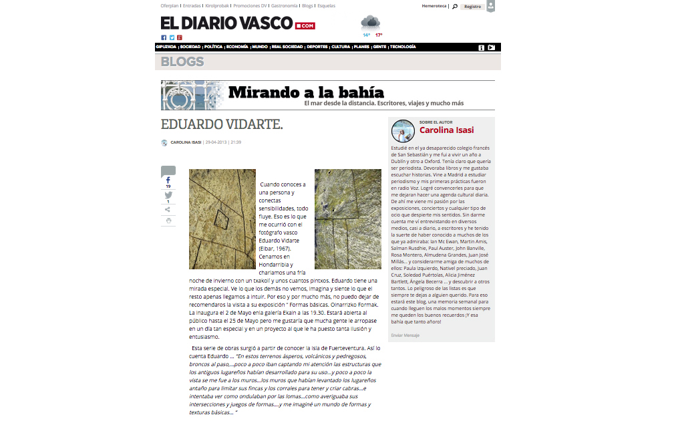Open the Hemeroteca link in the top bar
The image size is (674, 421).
click(x=434, y=5)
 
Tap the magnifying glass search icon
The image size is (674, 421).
click(x=455, y=6)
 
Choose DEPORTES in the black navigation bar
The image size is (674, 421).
click(x=317, y=47)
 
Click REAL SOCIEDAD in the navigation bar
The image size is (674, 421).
click(x=287, y=47)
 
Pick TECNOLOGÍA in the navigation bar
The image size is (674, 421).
click(x=403, y=47)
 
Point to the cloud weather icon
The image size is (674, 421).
click(x=370, y=22)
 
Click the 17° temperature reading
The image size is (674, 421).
click(x=379, y=35)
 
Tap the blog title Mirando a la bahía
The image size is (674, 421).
click(x=306, y=92)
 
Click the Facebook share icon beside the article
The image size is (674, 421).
click(x=168, y=180)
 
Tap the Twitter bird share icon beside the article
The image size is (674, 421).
click(x=168, y=195)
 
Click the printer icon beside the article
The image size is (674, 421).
click(x=168, y=221)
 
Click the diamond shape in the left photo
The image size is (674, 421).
click(x=221, y=218)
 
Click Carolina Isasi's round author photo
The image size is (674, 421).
click(x=403, y=131)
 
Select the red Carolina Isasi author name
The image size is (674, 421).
click(x=446, y=130)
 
